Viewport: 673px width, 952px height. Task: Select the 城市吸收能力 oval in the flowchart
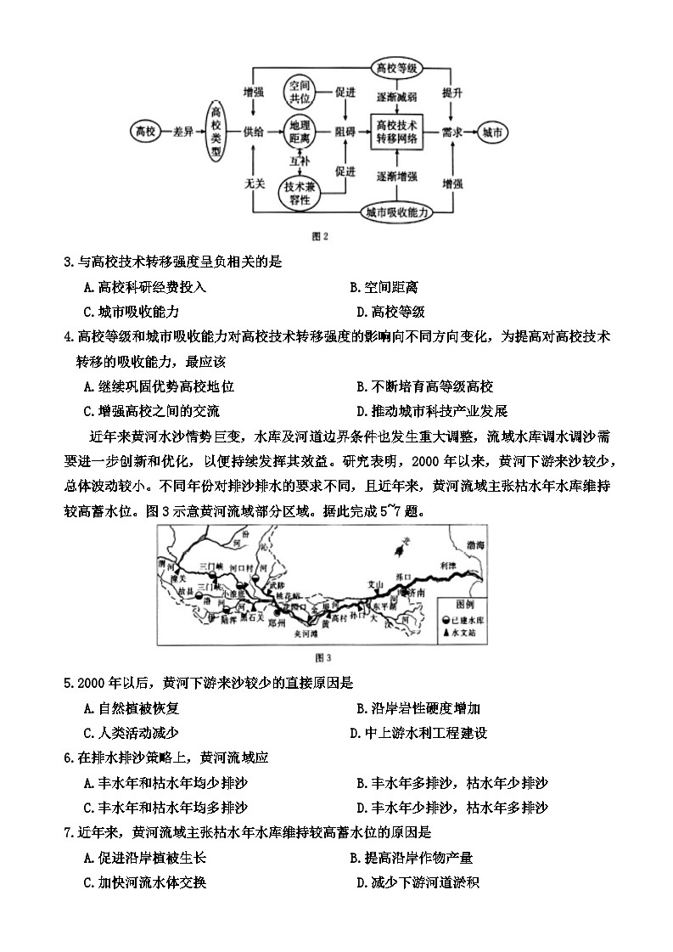point(397,211)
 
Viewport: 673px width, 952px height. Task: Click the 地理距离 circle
point(301,132)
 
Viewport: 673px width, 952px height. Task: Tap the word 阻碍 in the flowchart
point(345,132)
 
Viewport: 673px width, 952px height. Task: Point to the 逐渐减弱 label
point(397,98)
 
